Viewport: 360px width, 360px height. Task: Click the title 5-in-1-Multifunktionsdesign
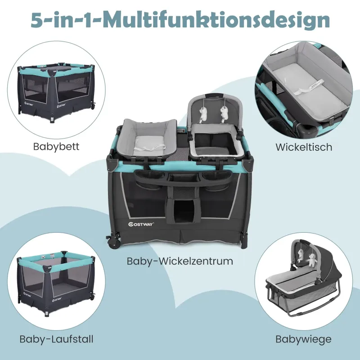(180, 20)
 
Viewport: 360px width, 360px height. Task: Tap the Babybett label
(56, 147)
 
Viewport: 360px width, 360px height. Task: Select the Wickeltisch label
(304, 147)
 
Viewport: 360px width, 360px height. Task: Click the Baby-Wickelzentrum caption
(180, 261)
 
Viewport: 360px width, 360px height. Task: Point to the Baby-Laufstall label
(57, 339)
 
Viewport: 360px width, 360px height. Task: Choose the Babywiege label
(303, 339)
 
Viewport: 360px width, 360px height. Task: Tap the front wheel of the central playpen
(115, 243)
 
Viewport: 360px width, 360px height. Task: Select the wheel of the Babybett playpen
(93, 106)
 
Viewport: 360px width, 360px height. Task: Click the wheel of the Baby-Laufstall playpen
(93, 297)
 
